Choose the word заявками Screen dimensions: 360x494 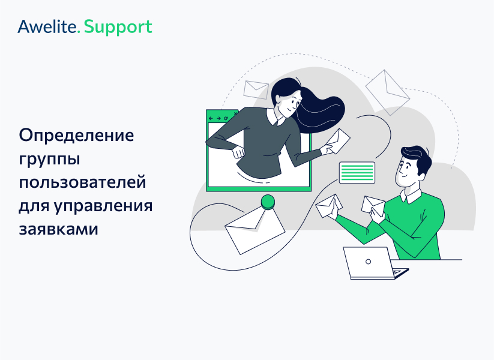pos(57,229)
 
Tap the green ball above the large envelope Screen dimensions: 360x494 pos(267,202)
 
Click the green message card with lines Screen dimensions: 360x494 pos(357,173)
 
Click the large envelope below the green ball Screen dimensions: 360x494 pos(255,230)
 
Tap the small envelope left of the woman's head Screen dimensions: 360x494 pos(256,89)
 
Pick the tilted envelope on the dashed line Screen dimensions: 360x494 pos(387,88)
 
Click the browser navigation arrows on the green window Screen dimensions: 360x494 pos(217,118)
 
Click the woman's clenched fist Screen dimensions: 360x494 pos(239,151)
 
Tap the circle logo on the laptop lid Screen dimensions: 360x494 pos(368,261)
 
